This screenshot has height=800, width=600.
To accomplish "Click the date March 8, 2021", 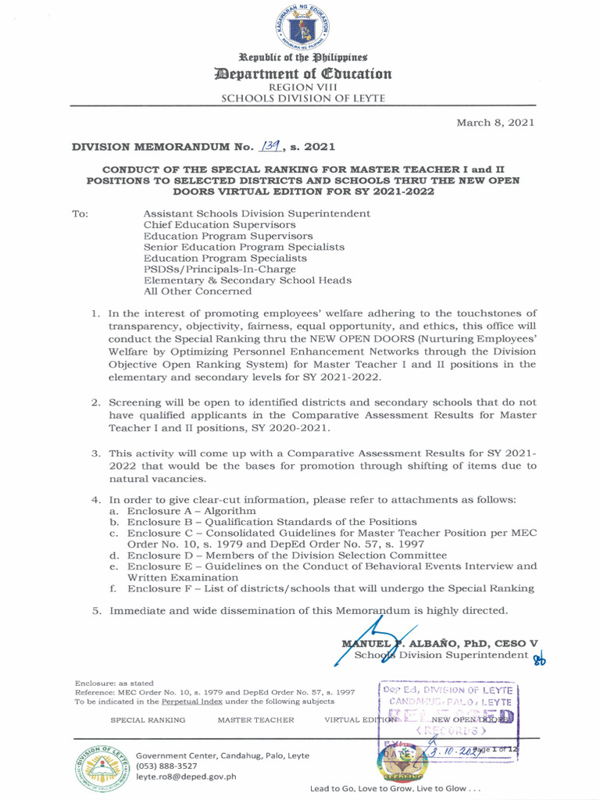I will [x=495, y=123].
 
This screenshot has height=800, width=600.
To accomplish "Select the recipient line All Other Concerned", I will [x=198, y=291].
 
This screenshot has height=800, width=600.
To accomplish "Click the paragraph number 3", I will [x=95, y=453].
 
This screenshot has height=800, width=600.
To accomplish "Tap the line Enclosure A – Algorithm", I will [x=191, y=510].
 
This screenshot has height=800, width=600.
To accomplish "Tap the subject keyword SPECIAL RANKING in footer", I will [x=148, y=720].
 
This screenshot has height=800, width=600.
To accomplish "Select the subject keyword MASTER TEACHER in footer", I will [x=255, y=720].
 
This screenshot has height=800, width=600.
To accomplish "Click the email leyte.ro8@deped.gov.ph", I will [x=186, y=777].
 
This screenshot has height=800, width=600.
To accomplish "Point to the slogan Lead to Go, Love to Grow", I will [x=395, y=789].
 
